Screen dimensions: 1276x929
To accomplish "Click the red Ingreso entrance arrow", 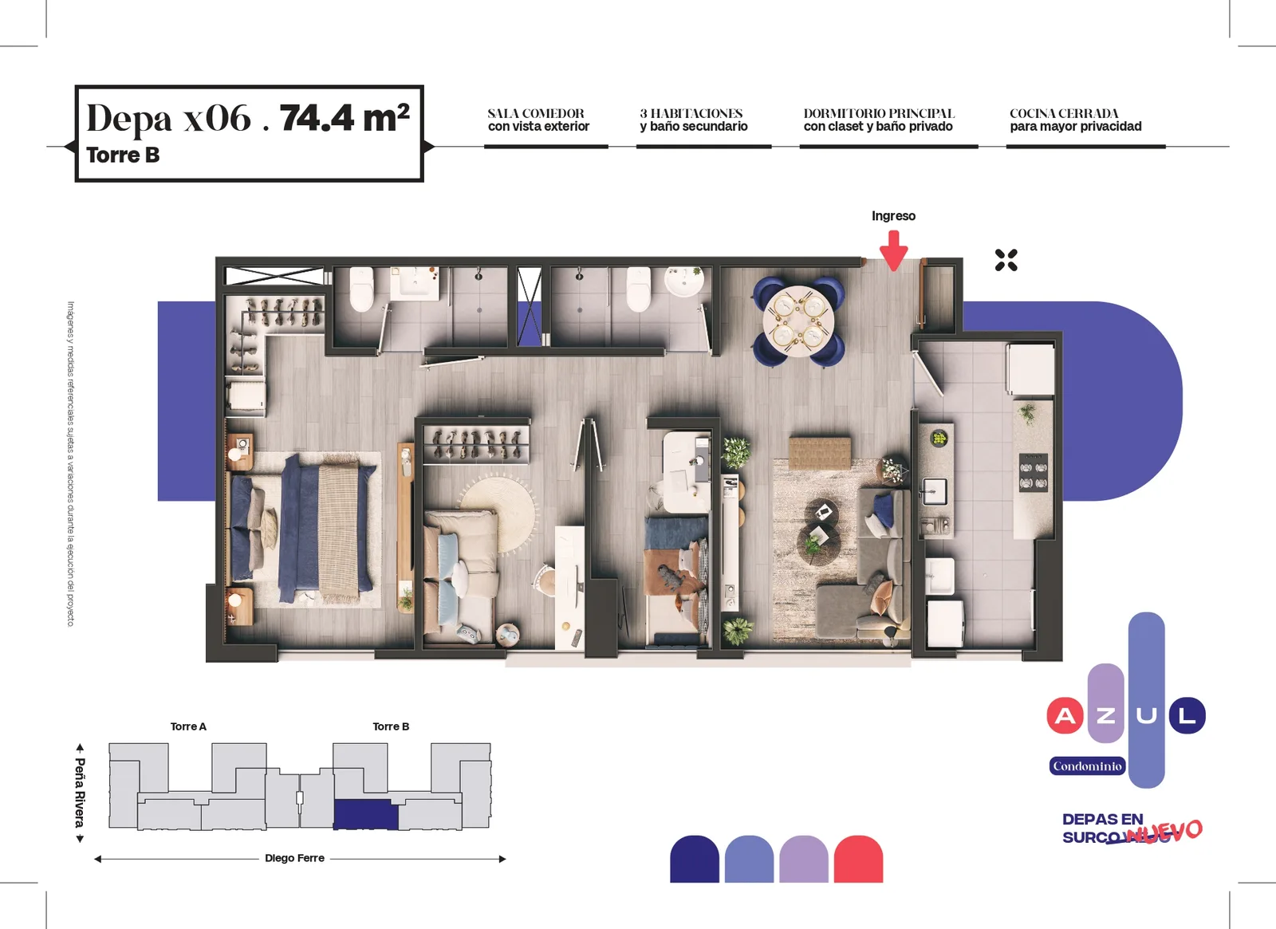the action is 893,250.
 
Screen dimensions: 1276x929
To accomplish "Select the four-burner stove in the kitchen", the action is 1034,472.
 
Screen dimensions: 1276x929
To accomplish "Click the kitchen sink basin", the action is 935,491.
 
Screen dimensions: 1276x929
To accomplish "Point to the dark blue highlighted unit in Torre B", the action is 365,814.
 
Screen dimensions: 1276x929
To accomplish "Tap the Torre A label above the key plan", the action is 188,726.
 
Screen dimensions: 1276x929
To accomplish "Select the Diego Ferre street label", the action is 294,858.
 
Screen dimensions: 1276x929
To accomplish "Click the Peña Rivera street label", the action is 81,793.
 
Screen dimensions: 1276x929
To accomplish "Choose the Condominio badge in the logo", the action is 1087,766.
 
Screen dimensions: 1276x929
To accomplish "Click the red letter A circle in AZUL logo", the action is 1065,716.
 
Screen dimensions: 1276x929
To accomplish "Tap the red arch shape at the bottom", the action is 858,859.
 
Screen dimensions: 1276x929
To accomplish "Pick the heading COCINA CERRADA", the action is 1064,113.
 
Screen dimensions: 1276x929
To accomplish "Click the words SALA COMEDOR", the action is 535,113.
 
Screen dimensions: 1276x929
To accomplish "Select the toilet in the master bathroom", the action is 361,289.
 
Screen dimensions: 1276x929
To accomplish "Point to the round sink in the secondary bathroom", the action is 683,282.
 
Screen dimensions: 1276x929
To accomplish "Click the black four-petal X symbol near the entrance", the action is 1006,260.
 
